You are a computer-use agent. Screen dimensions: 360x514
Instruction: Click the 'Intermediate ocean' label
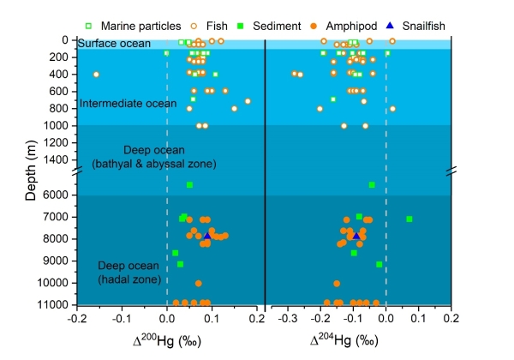click(x=121, y=104)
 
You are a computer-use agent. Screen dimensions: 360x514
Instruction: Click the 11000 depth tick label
click(x=53, y=304)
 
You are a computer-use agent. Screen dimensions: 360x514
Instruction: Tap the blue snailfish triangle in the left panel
click(x=208, y=234)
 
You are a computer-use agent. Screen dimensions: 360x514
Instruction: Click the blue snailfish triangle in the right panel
click(x=355, y=234)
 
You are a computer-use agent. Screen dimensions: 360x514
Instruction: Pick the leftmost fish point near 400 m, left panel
click(x=96, y=75)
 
